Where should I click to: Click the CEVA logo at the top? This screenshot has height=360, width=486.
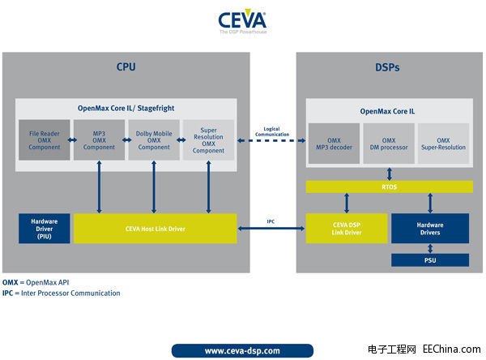tap(242, 22)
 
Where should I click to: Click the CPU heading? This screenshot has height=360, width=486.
tap(126, 66)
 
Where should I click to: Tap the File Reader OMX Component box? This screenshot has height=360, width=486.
tap(45, 139)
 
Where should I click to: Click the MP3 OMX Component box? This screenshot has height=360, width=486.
tap(98, 139)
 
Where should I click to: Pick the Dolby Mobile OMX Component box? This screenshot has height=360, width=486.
tap(154, 139)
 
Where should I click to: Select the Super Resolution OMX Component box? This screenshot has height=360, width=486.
tap(208, 139)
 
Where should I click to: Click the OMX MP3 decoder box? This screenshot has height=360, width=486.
tap(334, 144)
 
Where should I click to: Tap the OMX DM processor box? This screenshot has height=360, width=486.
tap(388, 144)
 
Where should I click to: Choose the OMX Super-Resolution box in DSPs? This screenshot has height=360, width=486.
tap(443, 144)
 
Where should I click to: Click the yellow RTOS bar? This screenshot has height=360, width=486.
tap(388, 187)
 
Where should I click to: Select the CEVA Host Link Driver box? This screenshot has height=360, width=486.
tap(155, 229)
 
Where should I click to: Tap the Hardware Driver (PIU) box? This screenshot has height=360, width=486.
tap(44, 229)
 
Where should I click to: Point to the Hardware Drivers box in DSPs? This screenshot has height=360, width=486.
tap(430, 229)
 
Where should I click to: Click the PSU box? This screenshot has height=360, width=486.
tap(430, 260)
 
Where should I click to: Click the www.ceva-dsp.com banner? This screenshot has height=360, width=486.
tap(242, 350)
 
